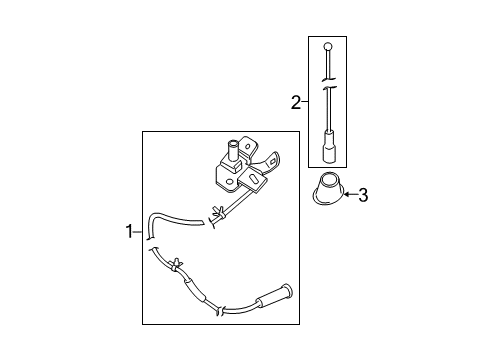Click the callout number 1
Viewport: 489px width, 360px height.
point(129,231)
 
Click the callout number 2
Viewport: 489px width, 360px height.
point(296,101)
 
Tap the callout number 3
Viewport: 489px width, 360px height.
point(364,195)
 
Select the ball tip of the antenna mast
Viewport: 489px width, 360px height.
point(327,45)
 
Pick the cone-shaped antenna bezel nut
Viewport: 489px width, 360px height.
point(326,191)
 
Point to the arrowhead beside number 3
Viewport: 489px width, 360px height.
point(346,195)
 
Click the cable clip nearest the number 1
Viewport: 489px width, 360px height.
point(176,266)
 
